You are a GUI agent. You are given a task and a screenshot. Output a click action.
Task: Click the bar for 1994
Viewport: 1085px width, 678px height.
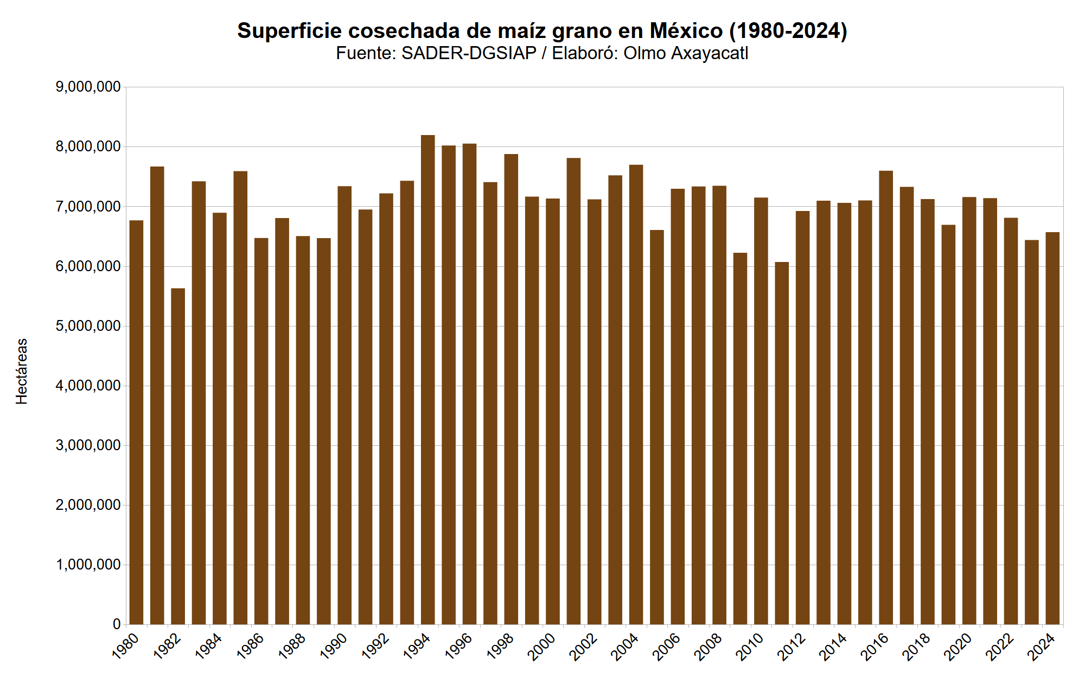[427, 380]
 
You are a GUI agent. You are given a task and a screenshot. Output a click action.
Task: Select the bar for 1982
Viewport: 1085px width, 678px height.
[178, 456]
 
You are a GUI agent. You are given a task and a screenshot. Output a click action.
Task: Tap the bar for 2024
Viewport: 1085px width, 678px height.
[1052, 428]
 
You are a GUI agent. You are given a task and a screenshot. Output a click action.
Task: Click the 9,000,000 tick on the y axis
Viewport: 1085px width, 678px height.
[88, 87]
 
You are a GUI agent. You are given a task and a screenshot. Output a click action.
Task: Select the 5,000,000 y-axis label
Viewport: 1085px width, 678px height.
[88, 326]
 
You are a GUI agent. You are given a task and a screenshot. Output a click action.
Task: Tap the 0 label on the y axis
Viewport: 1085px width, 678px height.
[116, 624]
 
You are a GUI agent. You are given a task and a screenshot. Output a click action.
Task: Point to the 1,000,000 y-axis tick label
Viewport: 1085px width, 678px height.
[88, 565]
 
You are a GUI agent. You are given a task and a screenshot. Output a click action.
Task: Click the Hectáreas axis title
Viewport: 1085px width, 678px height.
[22, 371]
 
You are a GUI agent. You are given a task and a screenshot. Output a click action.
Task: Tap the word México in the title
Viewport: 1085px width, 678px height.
[686, 31]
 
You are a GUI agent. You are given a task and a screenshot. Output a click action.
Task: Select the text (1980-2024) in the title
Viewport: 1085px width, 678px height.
[788, 31]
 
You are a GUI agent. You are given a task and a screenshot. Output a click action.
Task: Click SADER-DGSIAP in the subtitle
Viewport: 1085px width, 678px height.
[469, 53]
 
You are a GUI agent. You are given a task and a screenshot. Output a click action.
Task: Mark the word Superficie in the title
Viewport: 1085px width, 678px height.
[289, 31]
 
